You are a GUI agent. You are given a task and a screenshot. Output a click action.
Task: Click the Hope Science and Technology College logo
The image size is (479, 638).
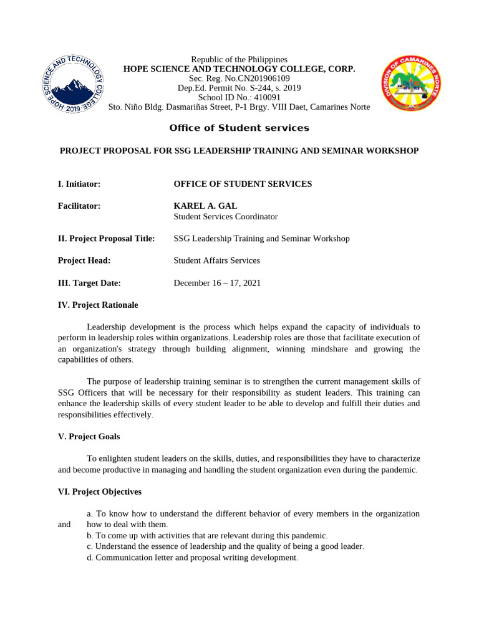[x=72, y=83]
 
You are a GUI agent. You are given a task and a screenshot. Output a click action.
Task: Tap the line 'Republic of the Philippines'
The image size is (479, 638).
[x=239, y=59]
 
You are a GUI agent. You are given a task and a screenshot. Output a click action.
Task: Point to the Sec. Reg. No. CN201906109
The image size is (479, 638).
[x=239, y=79]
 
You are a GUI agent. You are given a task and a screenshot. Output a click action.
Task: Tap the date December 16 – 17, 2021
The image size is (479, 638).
[x=217, y=283]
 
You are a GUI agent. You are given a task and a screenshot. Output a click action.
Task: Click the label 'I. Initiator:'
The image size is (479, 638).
[x=79, y=184]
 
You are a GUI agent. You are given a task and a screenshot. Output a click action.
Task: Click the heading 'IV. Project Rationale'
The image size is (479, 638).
[x=98, y=305]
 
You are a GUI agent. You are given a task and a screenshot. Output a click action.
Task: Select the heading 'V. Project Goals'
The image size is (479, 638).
[x=89, y=437]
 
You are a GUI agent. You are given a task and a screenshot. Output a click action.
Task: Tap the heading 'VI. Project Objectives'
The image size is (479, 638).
[x=100, y=492]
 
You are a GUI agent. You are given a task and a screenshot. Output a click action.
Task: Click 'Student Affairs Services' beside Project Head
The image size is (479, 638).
[x=216, y=260]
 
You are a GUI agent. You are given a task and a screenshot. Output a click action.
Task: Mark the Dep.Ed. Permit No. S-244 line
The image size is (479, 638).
[x=239, y=88]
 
